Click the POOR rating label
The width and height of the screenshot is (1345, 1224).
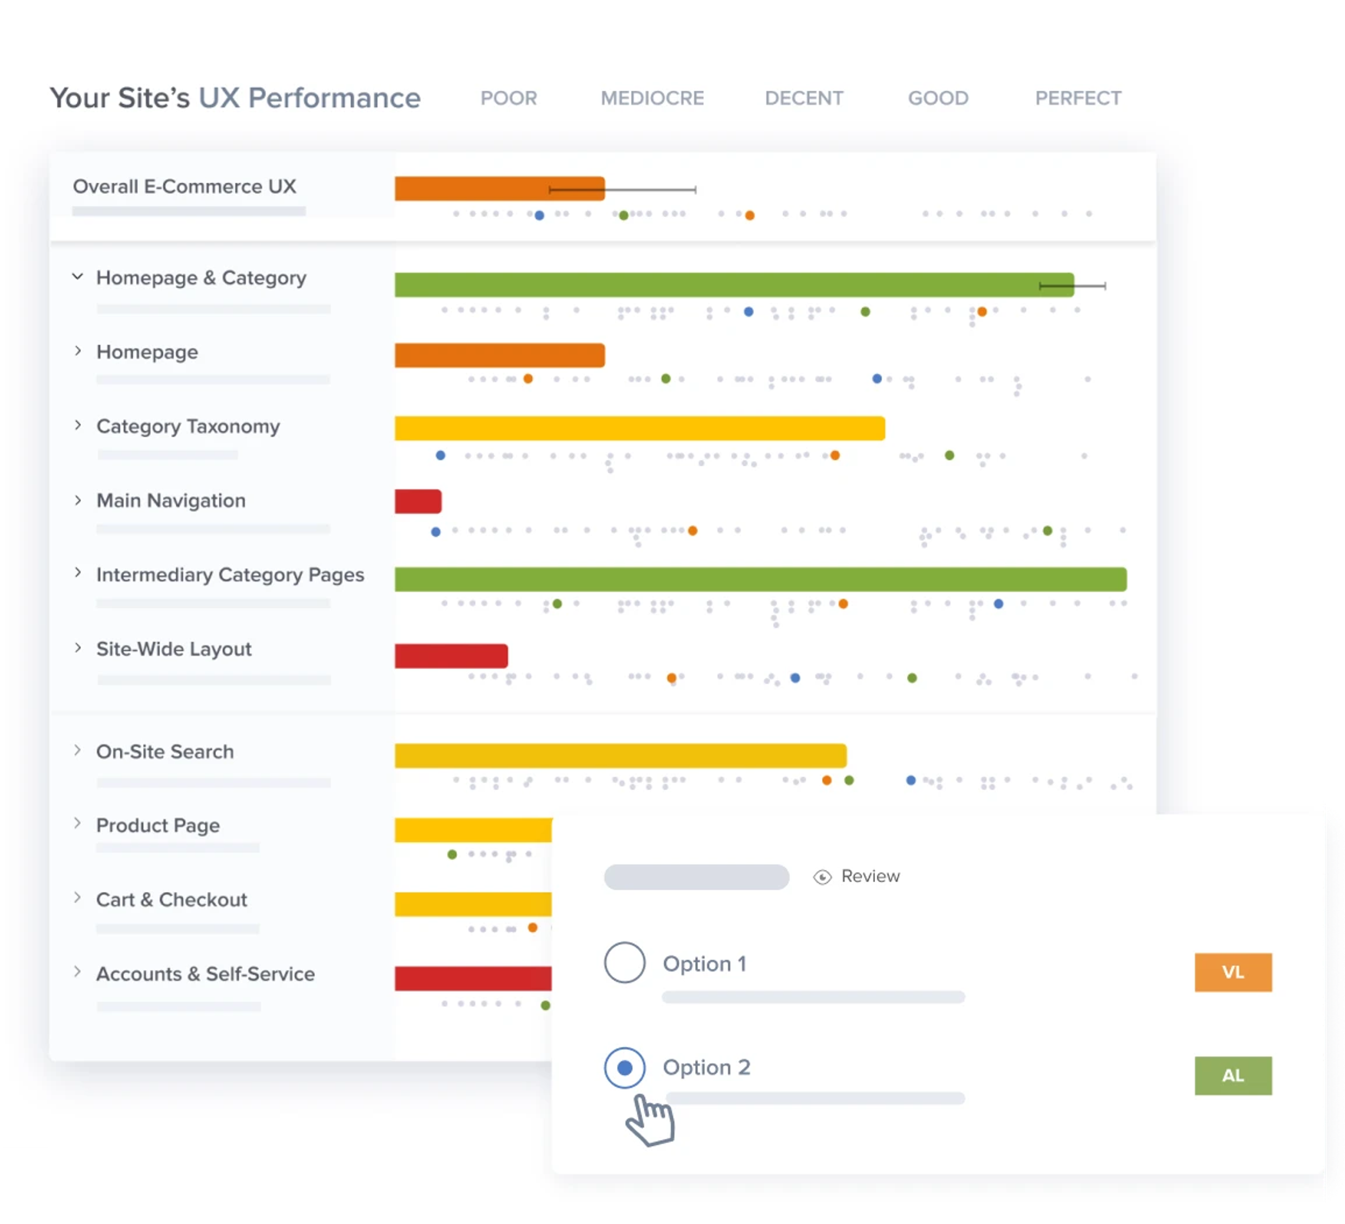(x=508, y=98)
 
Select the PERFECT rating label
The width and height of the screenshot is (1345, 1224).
(x=1077, y=98)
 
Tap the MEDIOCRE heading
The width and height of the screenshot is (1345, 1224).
(x=652, y=98)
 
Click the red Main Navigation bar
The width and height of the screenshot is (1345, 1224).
(x=418, y=501)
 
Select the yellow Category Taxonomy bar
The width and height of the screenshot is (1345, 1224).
(x=639, y=428)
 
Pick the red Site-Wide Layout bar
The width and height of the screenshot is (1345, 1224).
(x=451, y=655)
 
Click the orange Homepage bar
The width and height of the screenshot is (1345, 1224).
(x=499, y=355)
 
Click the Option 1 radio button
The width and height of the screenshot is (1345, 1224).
(x=625, y=962)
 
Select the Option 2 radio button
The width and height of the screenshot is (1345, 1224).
(x=625, y=1067)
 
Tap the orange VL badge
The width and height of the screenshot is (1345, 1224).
(x=1232, y=972)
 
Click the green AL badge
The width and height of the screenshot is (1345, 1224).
(x=1232, y=1075)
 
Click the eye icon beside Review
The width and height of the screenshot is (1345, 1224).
(x=822, y=876)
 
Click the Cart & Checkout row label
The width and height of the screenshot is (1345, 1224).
(x=172, y=900)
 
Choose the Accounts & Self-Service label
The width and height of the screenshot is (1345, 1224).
(x=205, y=974)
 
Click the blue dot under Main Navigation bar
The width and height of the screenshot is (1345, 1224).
(x=436, y=532)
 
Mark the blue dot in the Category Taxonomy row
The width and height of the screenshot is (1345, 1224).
(x=440, y=455)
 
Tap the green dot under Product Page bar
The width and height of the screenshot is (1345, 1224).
(x=452, y=854)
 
